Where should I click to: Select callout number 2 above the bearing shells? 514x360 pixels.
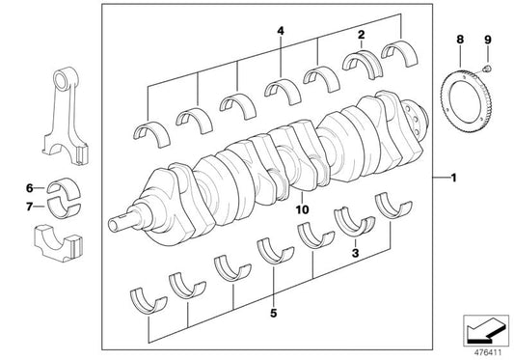tap(360, 35)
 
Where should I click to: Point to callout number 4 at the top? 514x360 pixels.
tap(281, 32)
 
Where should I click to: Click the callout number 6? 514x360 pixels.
tap(30, 187)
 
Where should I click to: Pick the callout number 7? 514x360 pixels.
tap(30, 206)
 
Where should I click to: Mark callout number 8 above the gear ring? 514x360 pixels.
tap(459, 41)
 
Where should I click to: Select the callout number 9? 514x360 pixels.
tap(487, 41)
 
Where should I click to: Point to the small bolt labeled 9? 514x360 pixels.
tap(488, 69)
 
